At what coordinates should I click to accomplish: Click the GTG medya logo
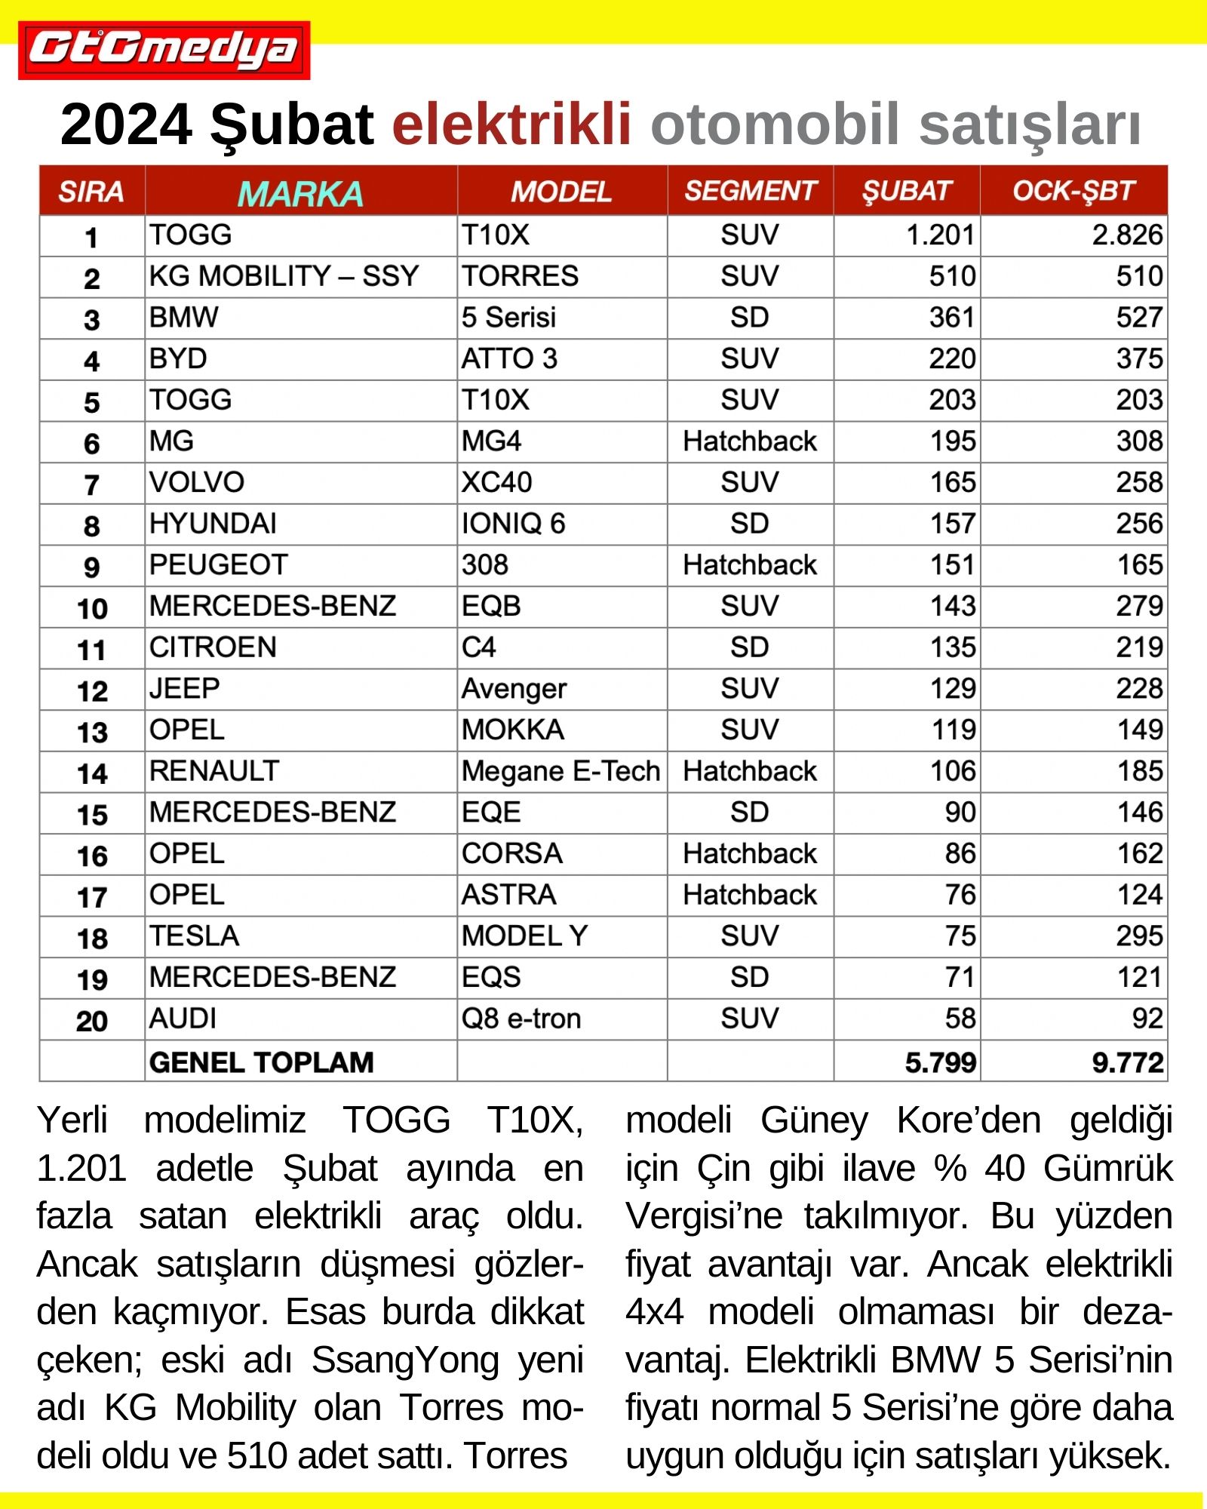(x=164, y=50)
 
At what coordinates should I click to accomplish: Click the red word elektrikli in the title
(x=511, y=124)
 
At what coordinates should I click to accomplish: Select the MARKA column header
(x=300, y=193)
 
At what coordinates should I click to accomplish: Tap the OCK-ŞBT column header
(x=1073, y=191)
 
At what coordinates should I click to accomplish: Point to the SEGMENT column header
(x=750, y=191)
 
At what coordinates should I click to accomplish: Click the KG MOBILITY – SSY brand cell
(x=284, y=276)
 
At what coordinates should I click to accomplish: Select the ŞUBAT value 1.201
(x=940, y=235)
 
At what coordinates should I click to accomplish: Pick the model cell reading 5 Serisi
(x=508, y=318)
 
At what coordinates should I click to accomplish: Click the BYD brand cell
(x=178, y=358)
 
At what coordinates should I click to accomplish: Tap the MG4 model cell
(x=491, y=441)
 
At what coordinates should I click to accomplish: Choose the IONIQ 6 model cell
(x=513, y=524)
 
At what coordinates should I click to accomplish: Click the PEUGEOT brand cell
(x=219, y=565)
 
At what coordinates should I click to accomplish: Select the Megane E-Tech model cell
(x=561, y=771)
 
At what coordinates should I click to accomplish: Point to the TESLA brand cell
(x=194, y=936)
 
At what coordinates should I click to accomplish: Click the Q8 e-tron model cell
(x=521, y=1019)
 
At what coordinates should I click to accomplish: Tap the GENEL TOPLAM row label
(x=261, y=1062)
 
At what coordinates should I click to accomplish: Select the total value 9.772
(x=1127, y=1062)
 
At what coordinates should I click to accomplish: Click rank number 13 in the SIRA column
(x=92, y=732)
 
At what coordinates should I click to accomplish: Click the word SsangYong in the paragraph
(x=405, y=1360)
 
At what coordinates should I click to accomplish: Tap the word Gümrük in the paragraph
(x=1107, y=1169)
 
